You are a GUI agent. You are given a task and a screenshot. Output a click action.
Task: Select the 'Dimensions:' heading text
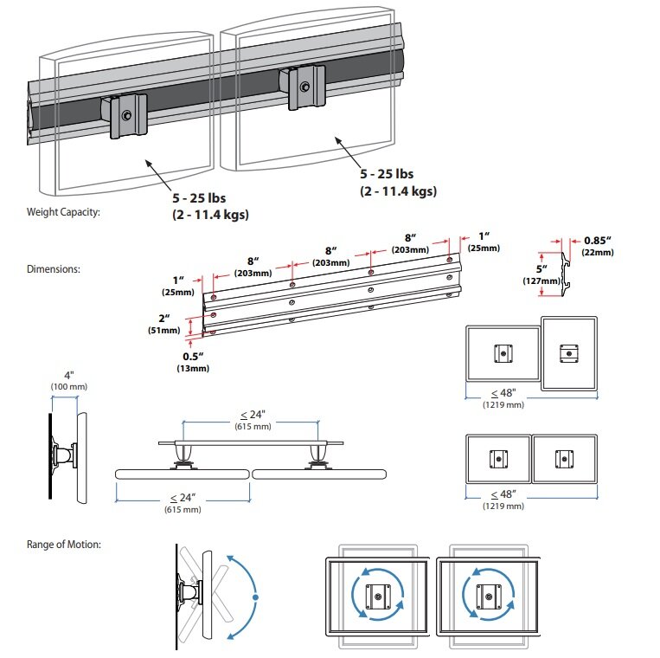click(54, 269)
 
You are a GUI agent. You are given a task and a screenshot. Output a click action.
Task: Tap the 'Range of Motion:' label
click(64, 545)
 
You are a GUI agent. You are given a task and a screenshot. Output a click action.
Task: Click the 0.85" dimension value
click(598, 240)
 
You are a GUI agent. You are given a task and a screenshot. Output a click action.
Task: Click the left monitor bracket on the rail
click(125, 116)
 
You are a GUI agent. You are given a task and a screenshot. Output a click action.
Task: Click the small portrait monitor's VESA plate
click(568, 353)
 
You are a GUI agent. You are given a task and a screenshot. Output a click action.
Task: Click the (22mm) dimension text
click(598, 252)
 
